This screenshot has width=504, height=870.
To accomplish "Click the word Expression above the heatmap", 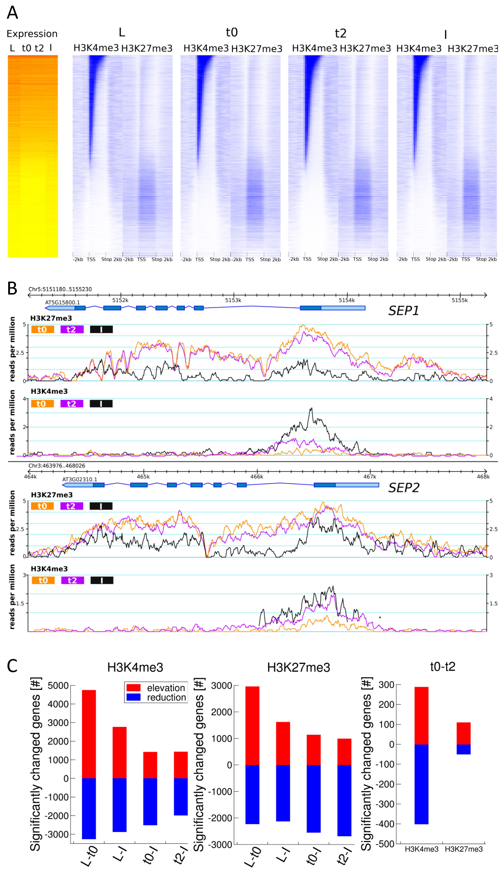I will point(32,34).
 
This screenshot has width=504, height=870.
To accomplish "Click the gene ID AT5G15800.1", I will point(62,302).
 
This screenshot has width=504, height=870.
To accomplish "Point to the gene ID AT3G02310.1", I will point(79,479).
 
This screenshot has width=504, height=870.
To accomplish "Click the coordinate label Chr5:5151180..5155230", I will point(60,289).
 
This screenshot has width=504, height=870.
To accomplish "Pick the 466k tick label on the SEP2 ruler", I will point(256,477).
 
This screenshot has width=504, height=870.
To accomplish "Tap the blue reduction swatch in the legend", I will point(133,697).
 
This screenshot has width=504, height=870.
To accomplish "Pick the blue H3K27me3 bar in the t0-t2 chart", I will point(463,749).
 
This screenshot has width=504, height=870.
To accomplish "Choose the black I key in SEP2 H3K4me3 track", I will point(102,580).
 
